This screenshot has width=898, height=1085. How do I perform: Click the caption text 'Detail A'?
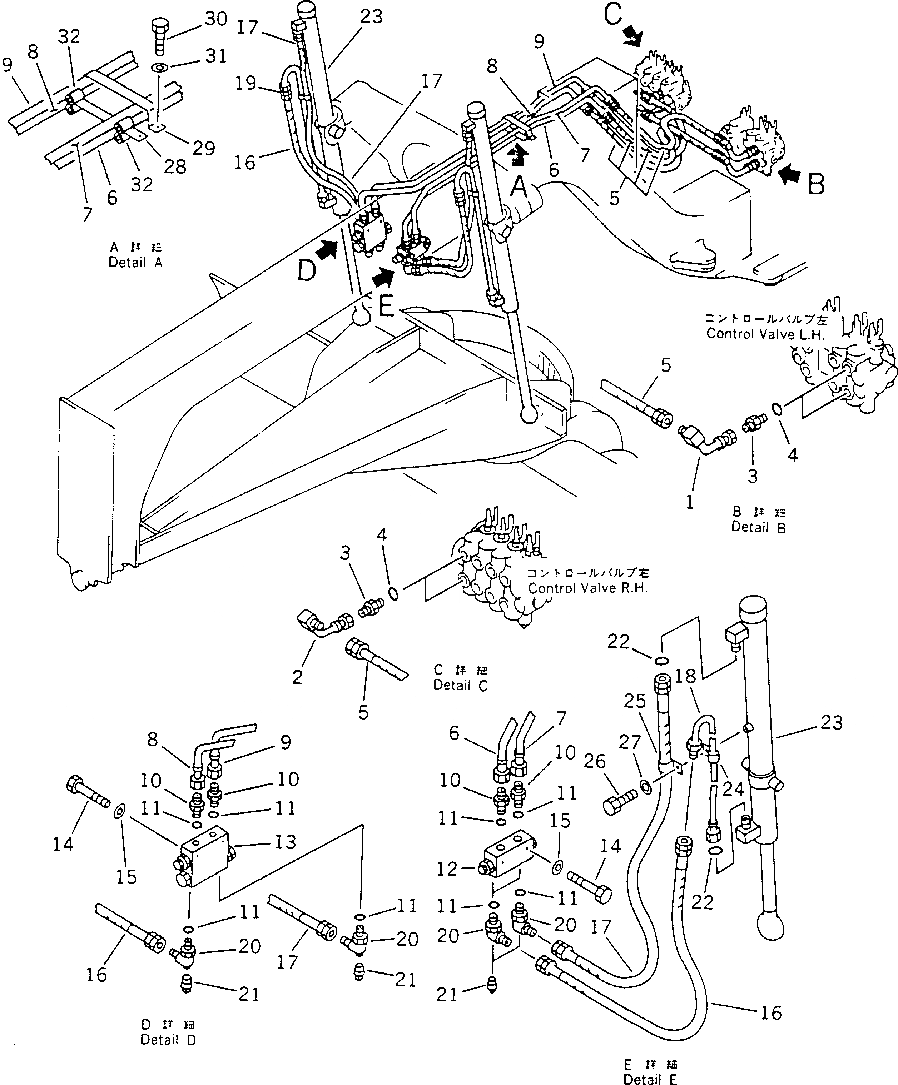click(135, 263)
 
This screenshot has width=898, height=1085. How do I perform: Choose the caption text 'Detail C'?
click(460, 685)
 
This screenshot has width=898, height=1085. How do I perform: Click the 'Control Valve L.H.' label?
click(765, 334)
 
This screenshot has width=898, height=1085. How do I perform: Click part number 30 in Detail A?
click(216, 19)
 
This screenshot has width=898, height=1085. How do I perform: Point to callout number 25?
click(635, 701)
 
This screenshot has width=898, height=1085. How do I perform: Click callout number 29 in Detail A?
click(204, 148)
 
